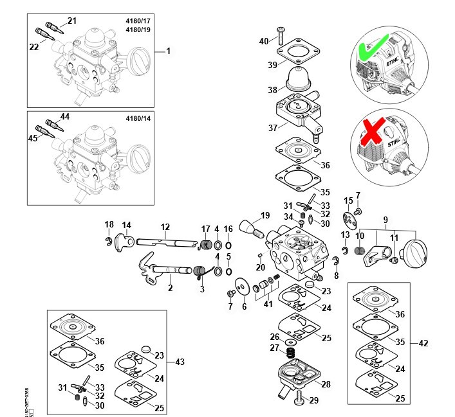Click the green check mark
pyautogui.click(x=371, y=48)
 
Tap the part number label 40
pyautogui.click(x=264, y=41)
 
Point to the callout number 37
pyautogui.click(x=273, y=128)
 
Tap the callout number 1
pyautogui.click(x=169, y=50)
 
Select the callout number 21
pyautogui.click(x=71, y=21)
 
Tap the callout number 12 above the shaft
pyautogui.click(x=165, y=226)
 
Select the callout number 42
pyautogui.click(x=423, y=344)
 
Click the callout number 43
pyautogui.click(x=180, y=362)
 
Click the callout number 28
pyautogui.click(x=326, y=384)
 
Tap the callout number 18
pyautogui.click(x=109, y=224)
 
